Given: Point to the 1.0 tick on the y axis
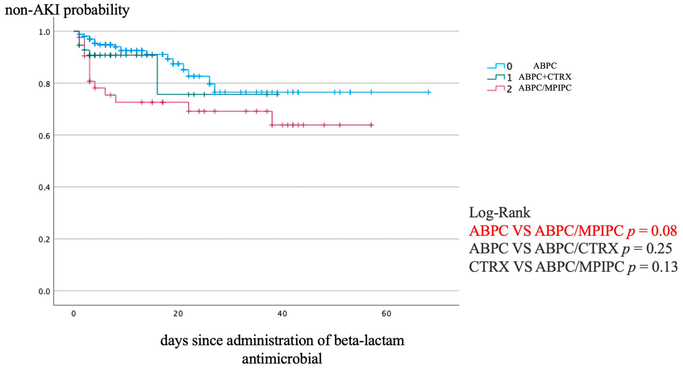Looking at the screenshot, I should (44, 32).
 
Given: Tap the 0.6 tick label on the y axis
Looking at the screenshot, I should (44, 136).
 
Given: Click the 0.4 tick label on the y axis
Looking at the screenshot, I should (44, 188).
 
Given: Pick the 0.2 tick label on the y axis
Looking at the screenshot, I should (44, 240).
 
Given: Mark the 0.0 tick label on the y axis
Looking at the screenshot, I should (44, 291).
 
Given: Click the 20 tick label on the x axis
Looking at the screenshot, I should (178, 314).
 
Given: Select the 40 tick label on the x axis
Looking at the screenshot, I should (282, 314).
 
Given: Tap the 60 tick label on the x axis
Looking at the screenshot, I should (386, 314).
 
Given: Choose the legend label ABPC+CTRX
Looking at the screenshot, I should (545, 77).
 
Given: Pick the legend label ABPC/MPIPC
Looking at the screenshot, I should (545, 88).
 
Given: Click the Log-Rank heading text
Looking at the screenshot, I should (500, 213).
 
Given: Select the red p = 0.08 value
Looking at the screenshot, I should (652, 231).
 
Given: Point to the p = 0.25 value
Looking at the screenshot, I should (647, 249).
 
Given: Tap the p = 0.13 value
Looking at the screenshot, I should (652, 267).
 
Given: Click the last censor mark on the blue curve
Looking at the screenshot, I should (428, 92).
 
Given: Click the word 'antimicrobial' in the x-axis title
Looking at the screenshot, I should (282, 359).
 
